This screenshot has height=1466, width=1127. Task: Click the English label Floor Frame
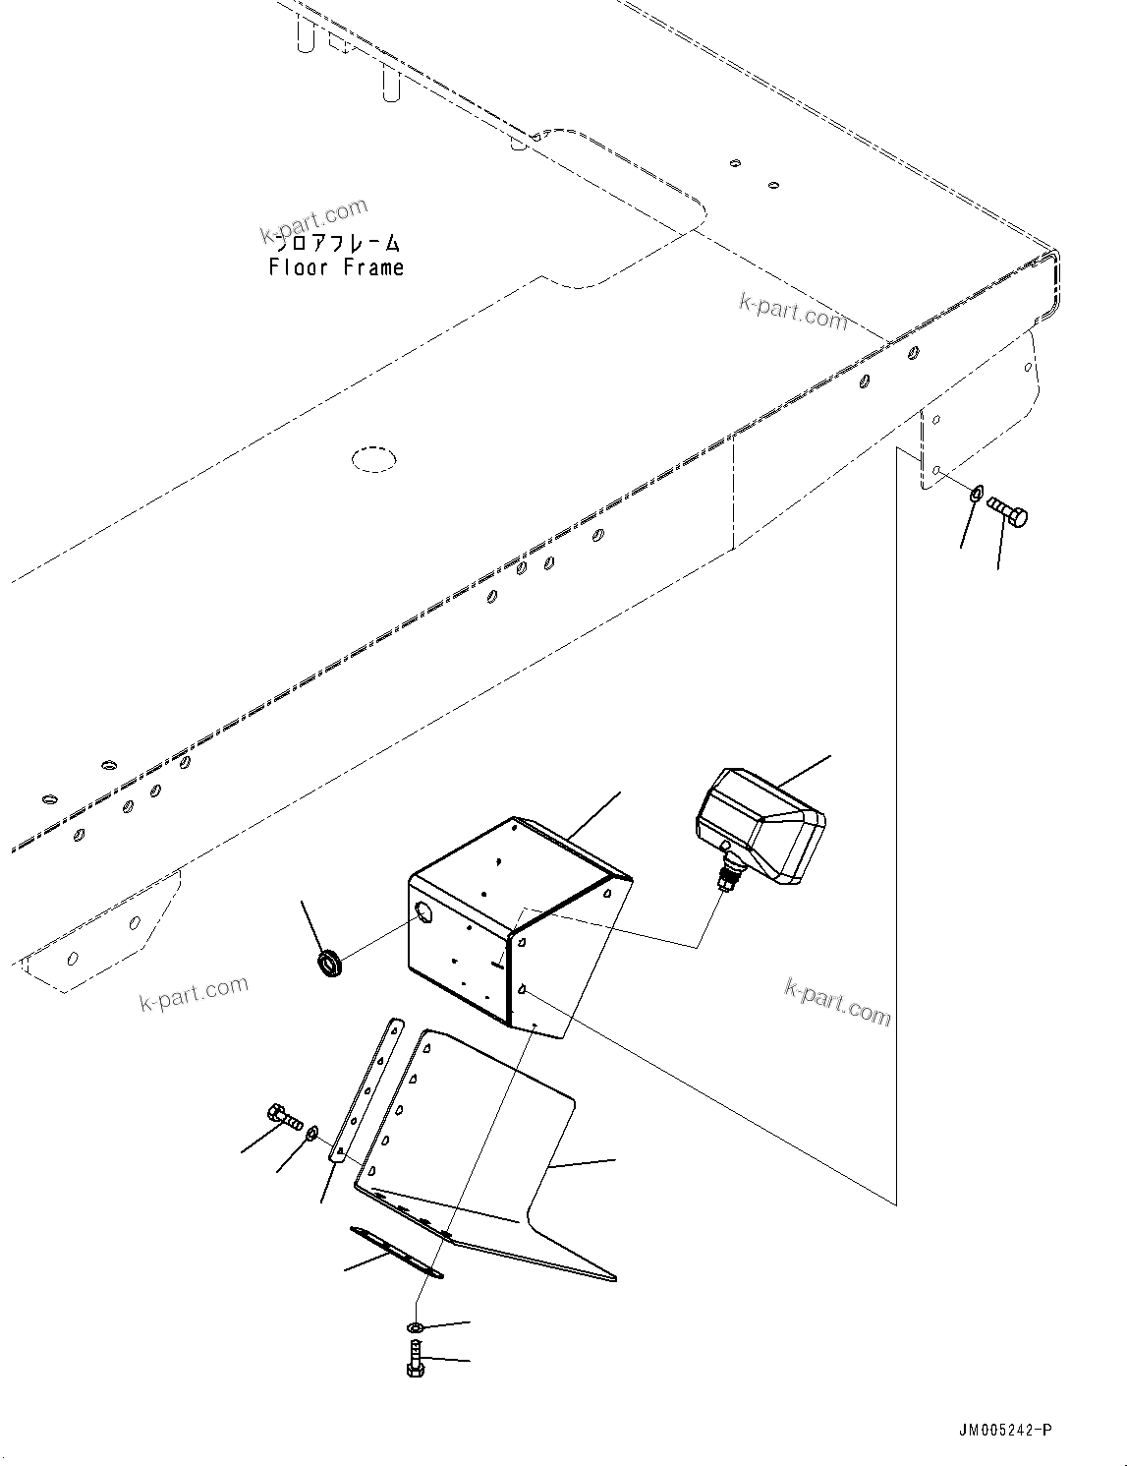point(336,267)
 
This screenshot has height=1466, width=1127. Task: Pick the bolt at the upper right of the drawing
point(1006,511)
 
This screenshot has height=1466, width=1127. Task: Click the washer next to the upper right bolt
point(975,494)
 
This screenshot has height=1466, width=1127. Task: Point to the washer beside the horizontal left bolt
point(310,1136)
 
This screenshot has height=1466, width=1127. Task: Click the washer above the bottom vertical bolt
point(416,1328)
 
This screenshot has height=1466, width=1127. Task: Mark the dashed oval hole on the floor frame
point(374,458)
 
